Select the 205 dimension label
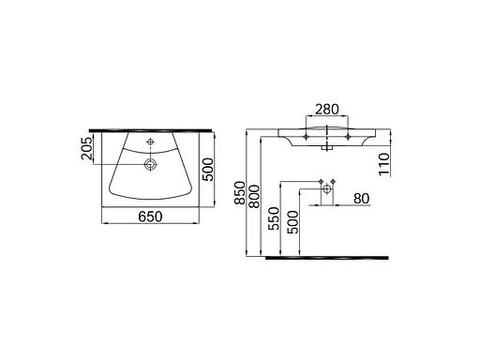tap(87, 149)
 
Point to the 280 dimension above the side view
tap(327, 111)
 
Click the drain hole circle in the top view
tap(149, 165)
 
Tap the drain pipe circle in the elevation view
tap(326, 188)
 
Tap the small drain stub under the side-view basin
tap(326, 146)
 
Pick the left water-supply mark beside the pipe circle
tap(320, 179)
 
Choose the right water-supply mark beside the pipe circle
tap(333, 179)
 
